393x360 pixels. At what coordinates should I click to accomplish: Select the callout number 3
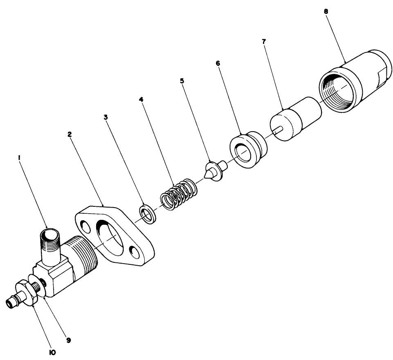pyautogui.click(x=106, y=117)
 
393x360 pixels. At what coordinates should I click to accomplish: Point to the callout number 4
pyautogui.click(x=141, y=99)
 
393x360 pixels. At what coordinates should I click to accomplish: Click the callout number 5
pyautogui.click(x=182, y=80)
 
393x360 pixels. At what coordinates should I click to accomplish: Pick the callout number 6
pyautogui.click(x=218, y=64)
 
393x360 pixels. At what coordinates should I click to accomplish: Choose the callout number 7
pyautogui.click(x=264, y=42)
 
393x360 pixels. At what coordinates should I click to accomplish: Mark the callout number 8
pyautogui.click(x=326, y=11)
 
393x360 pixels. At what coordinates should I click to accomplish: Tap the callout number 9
pyautogui.click(x=68, y=340)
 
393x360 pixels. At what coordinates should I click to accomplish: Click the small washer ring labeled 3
pyautogui.click(x=147, y=213)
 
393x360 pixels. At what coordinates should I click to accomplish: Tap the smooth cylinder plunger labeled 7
pyautogui.click(x=295, y=119)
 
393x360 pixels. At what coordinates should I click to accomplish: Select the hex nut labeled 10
pyautogui.click(x=28, y=293)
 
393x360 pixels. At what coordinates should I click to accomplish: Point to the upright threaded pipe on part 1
pyautogui.click(x=49, y=245)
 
